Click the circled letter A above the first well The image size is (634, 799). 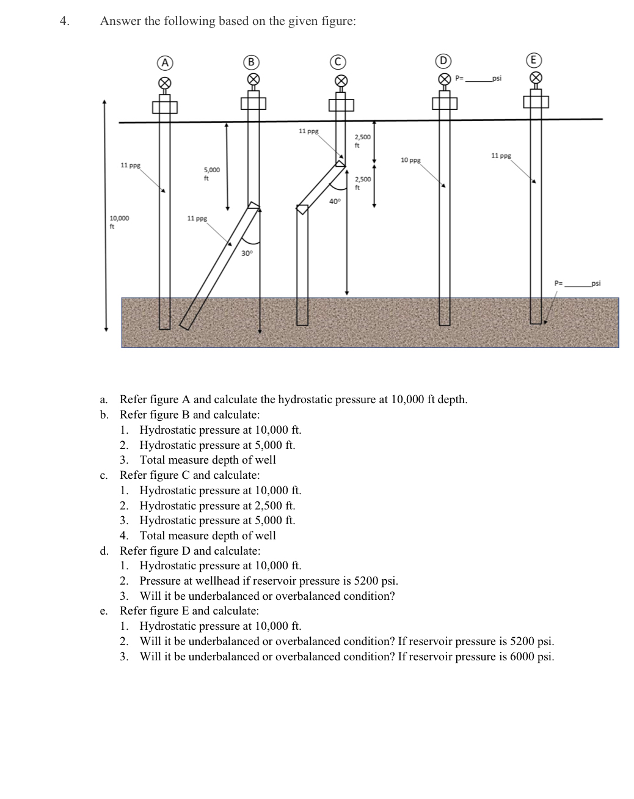click(164, 62)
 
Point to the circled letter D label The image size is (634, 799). click(443, 61)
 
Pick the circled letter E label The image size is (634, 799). click(534, 61)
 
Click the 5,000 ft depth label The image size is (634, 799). click(211, 173)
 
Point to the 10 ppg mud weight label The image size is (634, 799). click(410, 160)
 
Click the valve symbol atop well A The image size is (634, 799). click(164, 82)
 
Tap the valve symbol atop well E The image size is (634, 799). click(535, 78)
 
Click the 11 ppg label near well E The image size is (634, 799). click(501, 156)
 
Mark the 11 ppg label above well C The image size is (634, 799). click(308, 131)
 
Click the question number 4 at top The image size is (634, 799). click(64, 21)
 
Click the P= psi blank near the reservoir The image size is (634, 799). click(577, 283)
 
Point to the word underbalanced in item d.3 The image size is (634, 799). click(197, 596)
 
